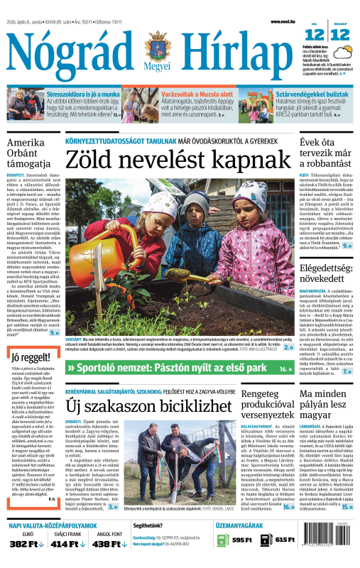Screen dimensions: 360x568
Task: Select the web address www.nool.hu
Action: click(x=283, y=22)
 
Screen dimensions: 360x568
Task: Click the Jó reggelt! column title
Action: click(x=26, y=356)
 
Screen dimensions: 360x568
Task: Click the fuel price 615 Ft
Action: click(x=285, y=540)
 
